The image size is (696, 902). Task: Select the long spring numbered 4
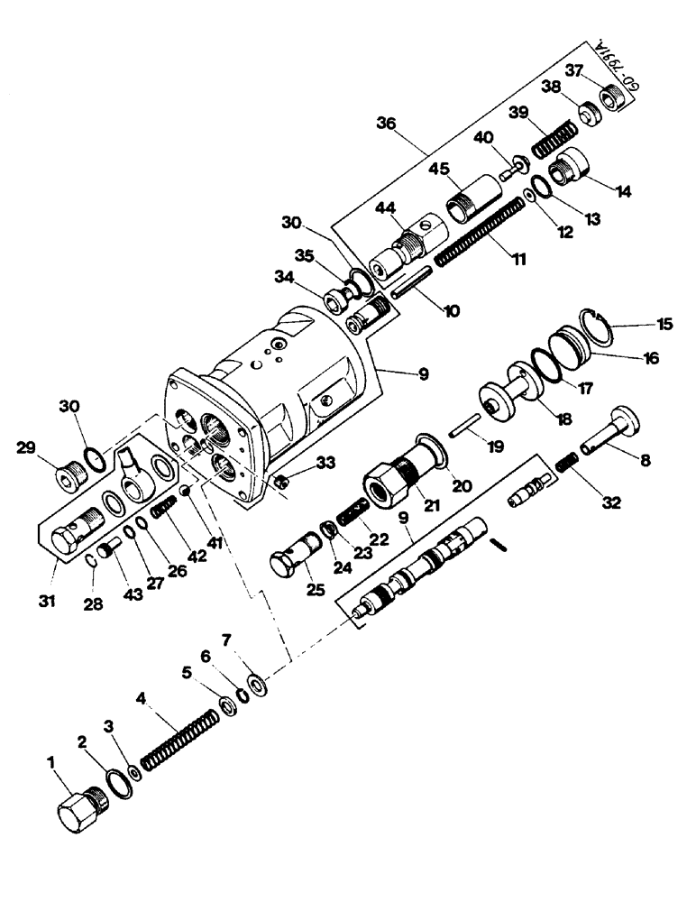(181, 739)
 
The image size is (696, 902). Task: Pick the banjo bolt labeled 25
(297, 553)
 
